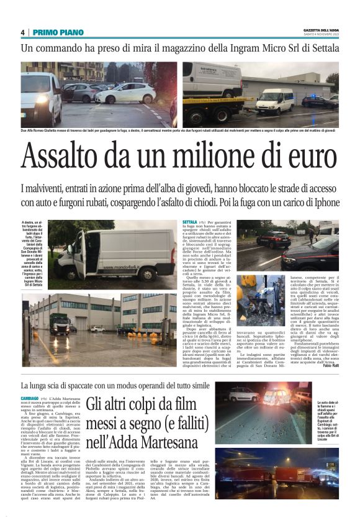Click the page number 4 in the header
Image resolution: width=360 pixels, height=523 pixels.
pos(22,32)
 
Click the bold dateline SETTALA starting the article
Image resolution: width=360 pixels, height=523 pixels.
pos(190,222)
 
